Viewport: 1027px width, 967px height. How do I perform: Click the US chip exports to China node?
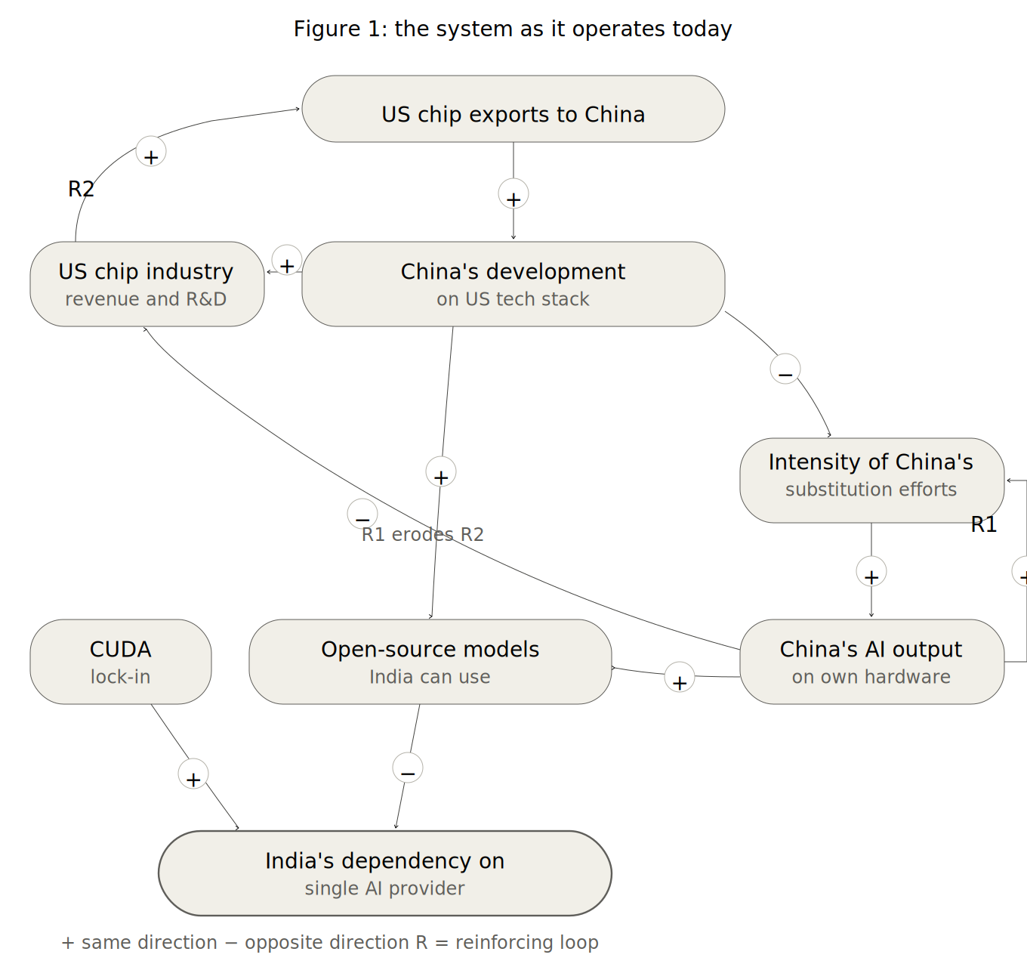pyautogui.click(x=513, y=110)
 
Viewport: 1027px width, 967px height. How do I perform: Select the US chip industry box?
pyautogui.click(x=147, y=284)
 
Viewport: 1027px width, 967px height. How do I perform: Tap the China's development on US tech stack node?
pyautogui.click(x=513, y=284)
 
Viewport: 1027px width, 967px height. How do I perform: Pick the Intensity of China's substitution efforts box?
pyautogui.click(x=871, y=480)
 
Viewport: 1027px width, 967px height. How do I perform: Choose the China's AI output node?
pyautogui.click(x=871, y=662)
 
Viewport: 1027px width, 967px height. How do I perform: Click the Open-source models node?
pyautogui.click(x=430, y=662)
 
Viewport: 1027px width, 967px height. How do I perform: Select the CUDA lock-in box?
pyautogui.click(x=121, y=662)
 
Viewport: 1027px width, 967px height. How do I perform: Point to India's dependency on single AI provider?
pyautogui.click(x=385, y=873)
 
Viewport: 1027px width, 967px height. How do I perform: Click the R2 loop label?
pyautogui.click(x=81, y=189)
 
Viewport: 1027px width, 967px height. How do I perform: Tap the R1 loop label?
pyautogui.click(x=983, y=524)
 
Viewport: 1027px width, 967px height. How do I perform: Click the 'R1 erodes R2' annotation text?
pyautogui.click(x=423, y=535)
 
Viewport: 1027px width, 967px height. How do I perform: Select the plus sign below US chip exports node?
pyautogui.click(x=513, y=194)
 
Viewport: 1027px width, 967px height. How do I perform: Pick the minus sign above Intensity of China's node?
pyautogui.click(x=785, y=369)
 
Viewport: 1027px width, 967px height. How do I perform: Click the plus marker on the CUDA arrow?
pyautogui.click(x=193, y=774)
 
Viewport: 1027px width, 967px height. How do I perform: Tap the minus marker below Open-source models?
pyautogui.click(x=408, y=768)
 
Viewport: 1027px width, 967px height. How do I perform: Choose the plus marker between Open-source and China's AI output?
pyautogui.click(x=680, y=678)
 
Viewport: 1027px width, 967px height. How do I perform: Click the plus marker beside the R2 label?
pyautogui.click(x=151, y=152)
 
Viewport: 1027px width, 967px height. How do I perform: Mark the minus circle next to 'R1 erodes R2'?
pyautogui.click(x=362, y=514)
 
